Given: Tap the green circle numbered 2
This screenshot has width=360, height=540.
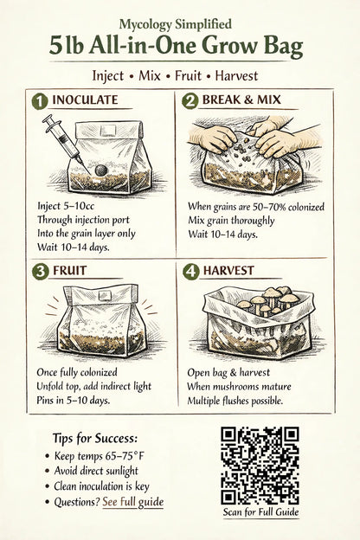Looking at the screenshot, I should [192, 101].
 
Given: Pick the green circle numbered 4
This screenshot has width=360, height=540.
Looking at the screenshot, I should [192, 271].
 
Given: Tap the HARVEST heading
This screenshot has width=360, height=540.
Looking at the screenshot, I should [228, 271].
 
